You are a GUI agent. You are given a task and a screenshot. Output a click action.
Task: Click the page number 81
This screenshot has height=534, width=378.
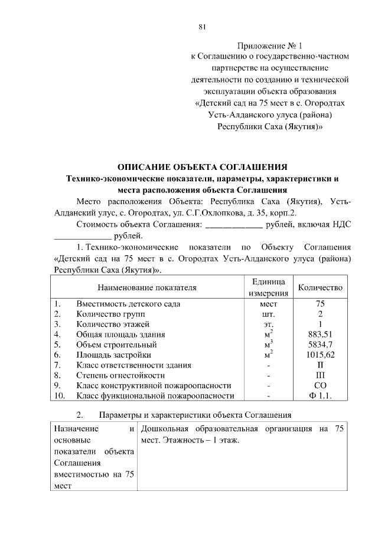coord(202,27)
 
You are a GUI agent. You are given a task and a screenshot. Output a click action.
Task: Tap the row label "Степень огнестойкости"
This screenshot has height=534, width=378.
coord(122,375)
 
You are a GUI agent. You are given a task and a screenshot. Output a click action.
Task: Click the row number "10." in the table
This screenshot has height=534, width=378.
coord(59,395)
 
